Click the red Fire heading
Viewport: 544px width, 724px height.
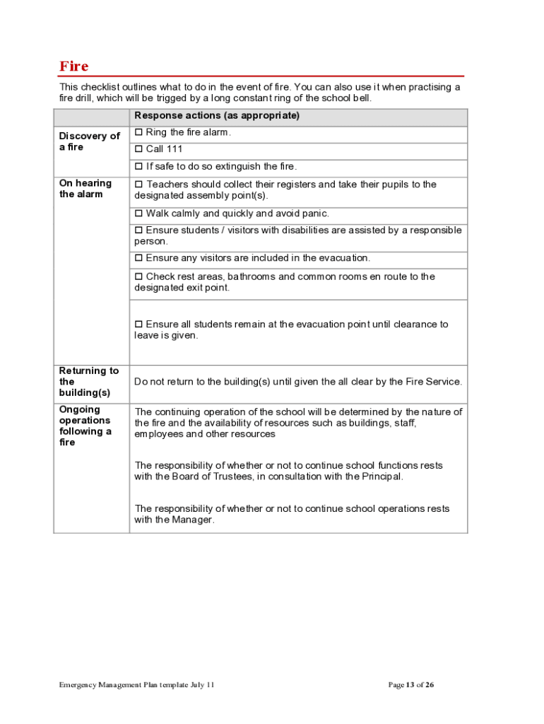point(74,66)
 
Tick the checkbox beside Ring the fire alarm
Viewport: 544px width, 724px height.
point(139,132)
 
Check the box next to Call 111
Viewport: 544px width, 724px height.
point(139,149)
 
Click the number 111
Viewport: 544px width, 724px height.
point(174,149)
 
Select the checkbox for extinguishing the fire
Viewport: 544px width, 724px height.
point(139,167)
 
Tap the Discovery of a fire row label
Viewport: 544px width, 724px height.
point(89,141)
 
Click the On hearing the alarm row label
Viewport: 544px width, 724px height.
point(85,189)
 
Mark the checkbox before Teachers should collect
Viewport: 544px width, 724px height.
point(139,185)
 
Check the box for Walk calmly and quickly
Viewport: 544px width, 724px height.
point(139,214)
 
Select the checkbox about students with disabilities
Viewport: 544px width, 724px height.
point(139,230)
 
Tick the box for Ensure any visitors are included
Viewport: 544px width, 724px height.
point(139,258)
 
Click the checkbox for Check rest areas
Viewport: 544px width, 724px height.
point(139,276)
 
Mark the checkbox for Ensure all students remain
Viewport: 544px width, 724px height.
point(139,325)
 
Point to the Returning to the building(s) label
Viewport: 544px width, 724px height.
point(89,382)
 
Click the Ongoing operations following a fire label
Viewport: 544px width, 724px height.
point(85,426)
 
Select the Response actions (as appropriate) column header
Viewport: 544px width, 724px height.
point(217,116)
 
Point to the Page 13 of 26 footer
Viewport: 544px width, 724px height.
point(411,685)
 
